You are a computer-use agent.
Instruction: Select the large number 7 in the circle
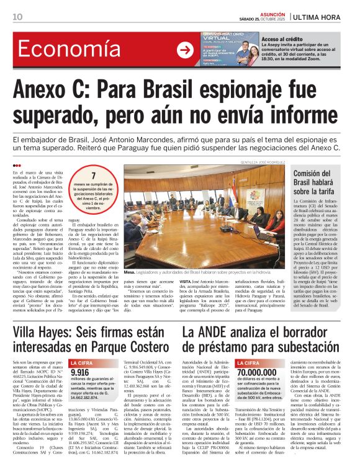click(x=94, y=176)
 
